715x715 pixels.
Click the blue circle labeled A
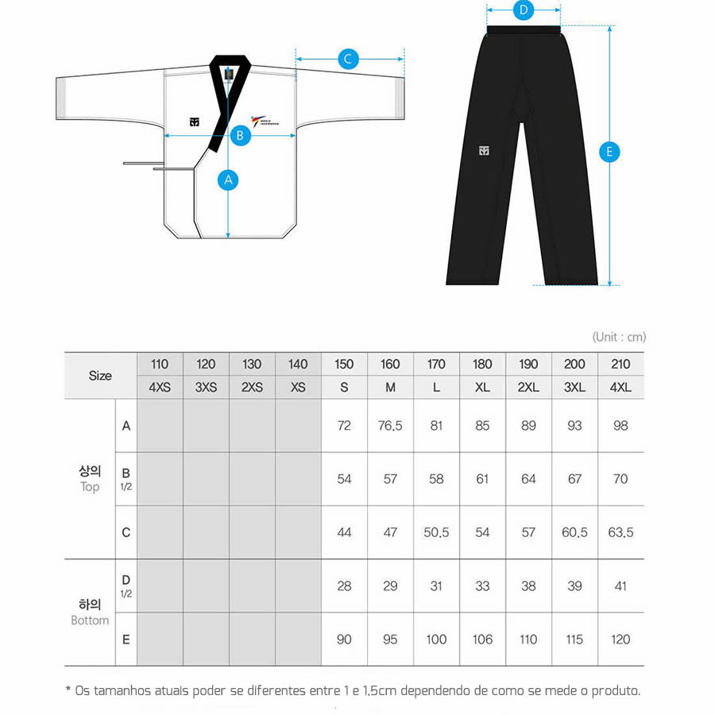coord(228,180)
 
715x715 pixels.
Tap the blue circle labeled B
coord(241,135)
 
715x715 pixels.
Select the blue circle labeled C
coord(348,59)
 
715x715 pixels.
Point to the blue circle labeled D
coord(523,10)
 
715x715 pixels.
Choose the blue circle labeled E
coord(609,152)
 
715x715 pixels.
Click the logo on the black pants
coord(484,151)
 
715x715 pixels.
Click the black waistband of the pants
coord(524,30)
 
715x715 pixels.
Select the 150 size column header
coord(344,364)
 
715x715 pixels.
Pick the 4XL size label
coord(620,388)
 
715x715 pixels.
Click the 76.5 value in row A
coord(390,426)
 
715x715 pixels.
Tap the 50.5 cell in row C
coord(436,532)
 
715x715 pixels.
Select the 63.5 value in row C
coord(620,532)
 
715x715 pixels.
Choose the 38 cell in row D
coord(528,586)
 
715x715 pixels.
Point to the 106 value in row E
coord(482,639)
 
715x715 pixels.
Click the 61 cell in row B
coord(482,479)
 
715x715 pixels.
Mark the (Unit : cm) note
coord(619,337)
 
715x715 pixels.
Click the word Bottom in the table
coord(90,620)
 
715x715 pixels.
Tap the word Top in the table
coord(90,486)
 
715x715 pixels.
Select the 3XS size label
coord(206,388)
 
